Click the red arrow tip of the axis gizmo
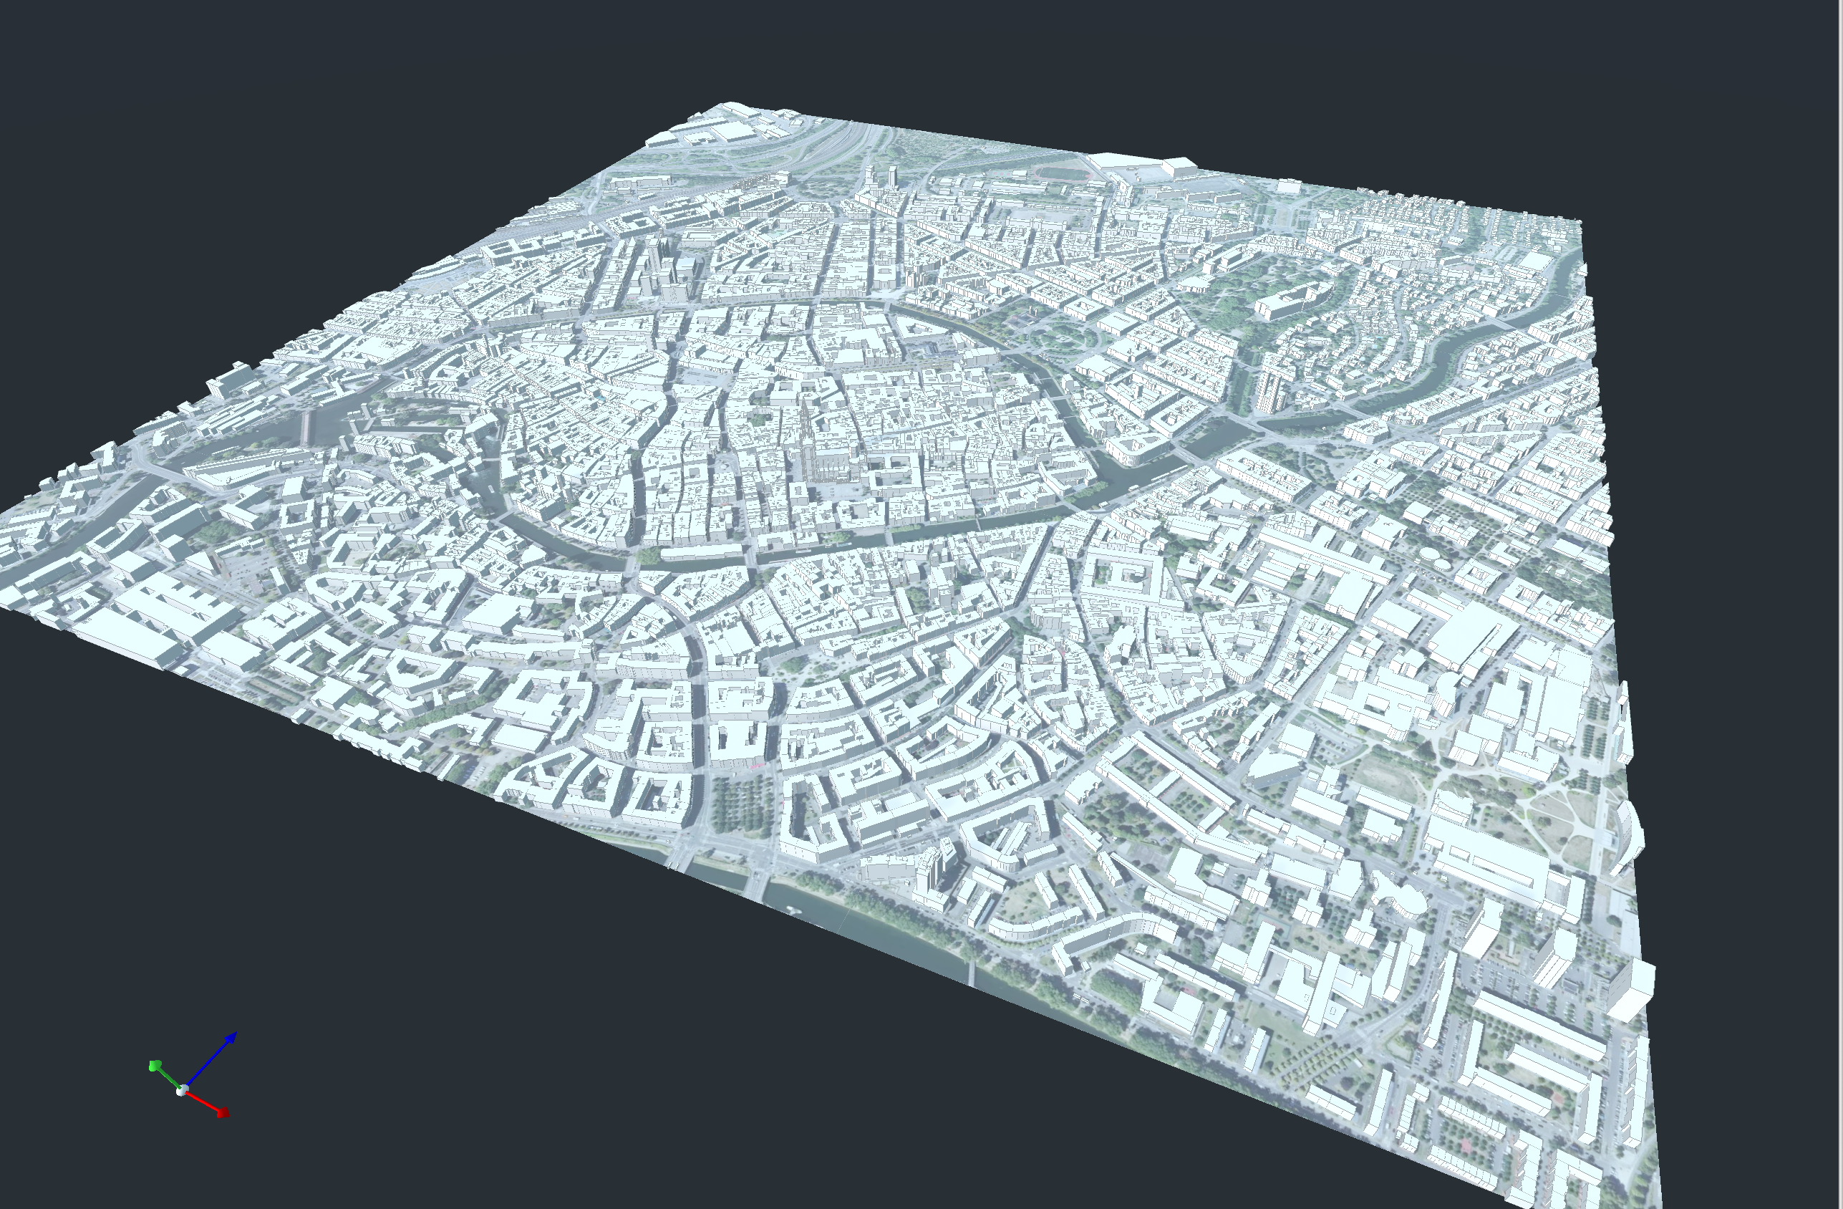224,1113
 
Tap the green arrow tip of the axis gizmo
154,1066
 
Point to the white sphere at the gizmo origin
182,1091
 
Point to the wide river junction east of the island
1208,441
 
